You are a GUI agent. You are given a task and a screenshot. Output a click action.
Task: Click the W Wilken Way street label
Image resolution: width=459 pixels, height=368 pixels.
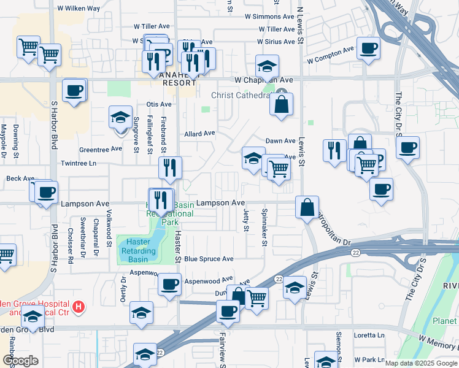(78, 9)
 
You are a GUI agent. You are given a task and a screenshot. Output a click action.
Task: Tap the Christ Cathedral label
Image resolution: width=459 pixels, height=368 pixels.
(241, 95)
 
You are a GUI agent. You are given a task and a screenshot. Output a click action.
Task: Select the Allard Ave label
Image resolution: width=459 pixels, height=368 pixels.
(199, 133)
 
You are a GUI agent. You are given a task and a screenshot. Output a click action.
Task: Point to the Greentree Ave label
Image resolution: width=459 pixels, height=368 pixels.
(99, 149)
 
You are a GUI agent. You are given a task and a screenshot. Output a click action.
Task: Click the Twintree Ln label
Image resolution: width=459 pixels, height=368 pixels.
(79, 164)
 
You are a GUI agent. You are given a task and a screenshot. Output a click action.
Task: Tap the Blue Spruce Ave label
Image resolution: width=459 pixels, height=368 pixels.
(209, 259)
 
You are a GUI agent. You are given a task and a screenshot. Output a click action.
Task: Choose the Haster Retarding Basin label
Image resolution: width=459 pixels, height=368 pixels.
(138, 250)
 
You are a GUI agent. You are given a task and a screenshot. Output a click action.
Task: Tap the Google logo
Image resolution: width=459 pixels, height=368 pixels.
(20, 361)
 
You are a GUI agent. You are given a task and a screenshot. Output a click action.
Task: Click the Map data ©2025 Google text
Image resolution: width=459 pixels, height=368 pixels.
(420, 363)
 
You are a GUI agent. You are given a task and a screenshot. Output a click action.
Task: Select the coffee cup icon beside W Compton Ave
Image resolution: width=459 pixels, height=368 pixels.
(368, 48)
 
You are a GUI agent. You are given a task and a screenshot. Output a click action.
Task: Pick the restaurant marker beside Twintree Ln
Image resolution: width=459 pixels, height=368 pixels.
(169, 167)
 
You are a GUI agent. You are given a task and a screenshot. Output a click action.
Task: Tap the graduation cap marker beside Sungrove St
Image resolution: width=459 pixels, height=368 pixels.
(120, 117)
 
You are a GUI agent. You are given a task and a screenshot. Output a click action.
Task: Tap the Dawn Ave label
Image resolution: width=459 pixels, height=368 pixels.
(276, 141)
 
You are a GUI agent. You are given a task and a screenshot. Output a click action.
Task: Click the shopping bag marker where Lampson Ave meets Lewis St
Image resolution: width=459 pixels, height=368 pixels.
(307, 207)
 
